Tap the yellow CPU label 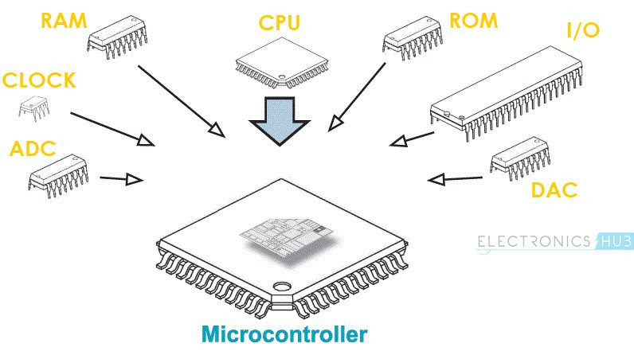point(280,22)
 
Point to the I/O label point(583,31)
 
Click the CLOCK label point(39,80)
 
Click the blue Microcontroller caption point(284,334)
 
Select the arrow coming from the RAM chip point(179,99)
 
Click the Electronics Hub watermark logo point(555,241)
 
